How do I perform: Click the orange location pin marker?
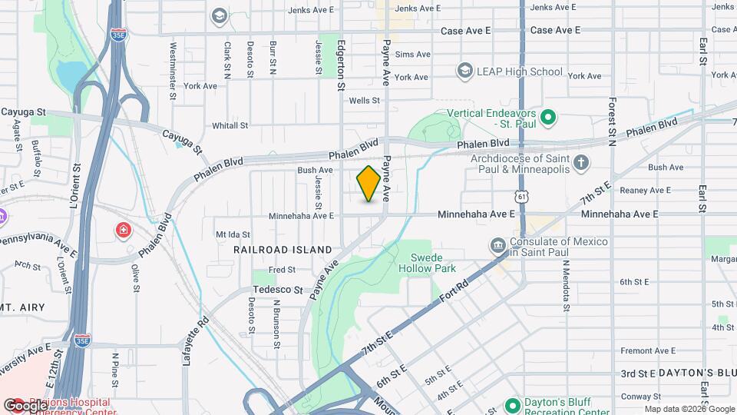coord(368,184)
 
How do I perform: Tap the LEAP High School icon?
coord(464,71)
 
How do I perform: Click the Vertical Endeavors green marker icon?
coord(547,118)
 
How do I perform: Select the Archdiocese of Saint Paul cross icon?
coord(582,162)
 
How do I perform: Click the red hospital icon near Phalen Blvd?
coord(123,230)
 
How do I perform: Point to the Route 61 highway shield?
coord(522,198)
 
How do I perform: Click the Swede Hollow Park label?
coord(428,263)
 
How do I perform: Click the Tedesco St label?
coord(278,290)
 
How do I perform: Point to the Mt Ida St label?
coord(233,234)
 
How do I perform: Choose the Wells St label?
coord(364,101)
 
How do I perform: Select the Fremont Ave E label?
coord(647,350)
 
